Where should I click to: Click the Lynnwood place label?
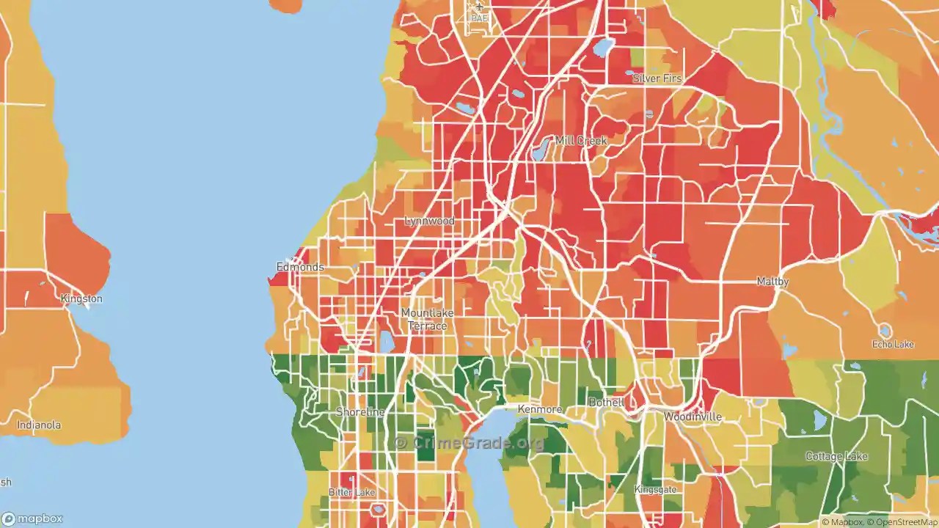[429, 221]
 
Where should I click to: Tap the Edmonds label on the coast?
[300, 267]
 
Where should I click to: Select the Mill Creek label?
[580, 141]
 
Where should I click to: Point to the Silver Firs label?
[657, 78]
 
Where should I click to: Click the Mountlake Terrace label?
[427, 319]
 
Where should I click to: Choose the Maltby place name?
[772, 282]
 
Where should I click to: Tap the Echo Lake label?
[893, 345]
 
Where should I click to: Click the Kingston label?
[81, 299]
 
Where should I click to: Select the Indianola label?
[39, 425]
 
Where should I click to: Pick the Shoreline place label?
[360, 412]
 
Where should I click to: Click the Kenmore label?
[540, 409]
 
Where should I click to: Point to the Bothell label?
[606, 403]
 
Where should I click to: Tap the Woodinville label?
[693, 417]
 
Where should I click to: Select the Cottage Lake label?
[836, 456]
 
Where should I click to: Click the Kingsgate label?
[655, 490]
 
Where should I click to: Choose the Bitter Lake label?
[352, 492]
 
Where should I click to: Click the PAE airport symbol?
[479, 7]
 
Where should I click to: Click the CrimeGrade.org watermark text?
[469, 442]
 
